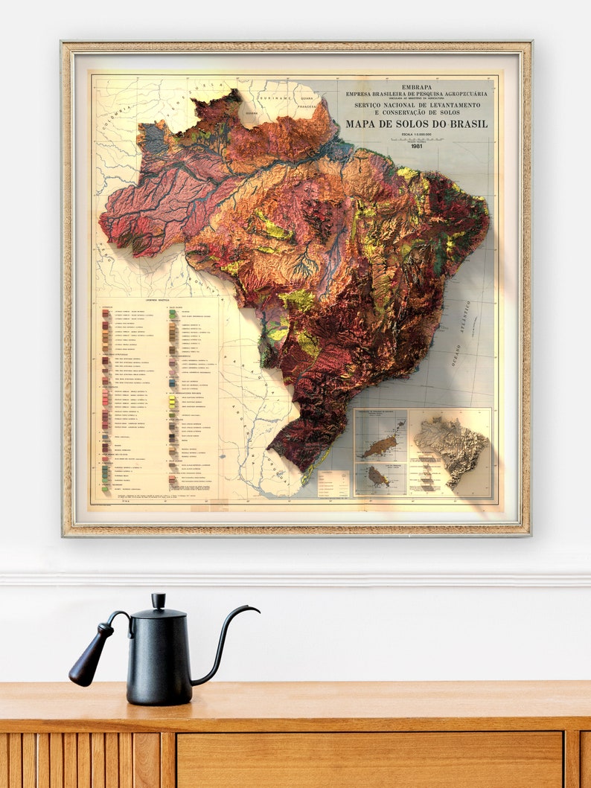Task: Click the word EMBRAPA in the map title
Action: point(416,87)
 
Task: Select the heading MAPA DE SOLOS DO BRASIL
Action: point(416,124)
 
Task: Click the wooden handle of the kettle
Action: point(89,655)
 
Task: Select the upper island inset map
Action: point(380,435)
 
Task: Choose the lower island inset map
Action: point(380,478)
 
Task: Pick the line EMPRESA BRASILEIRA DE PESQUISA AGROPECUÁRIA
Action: point(416,95)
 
